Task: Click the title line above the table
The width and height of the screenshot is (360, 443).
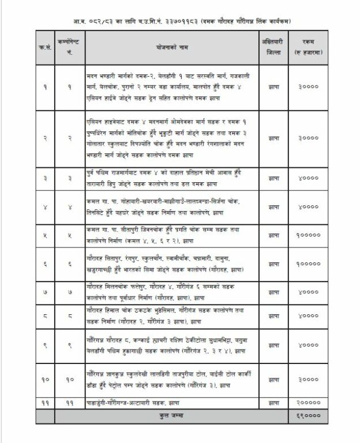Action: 181,21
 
